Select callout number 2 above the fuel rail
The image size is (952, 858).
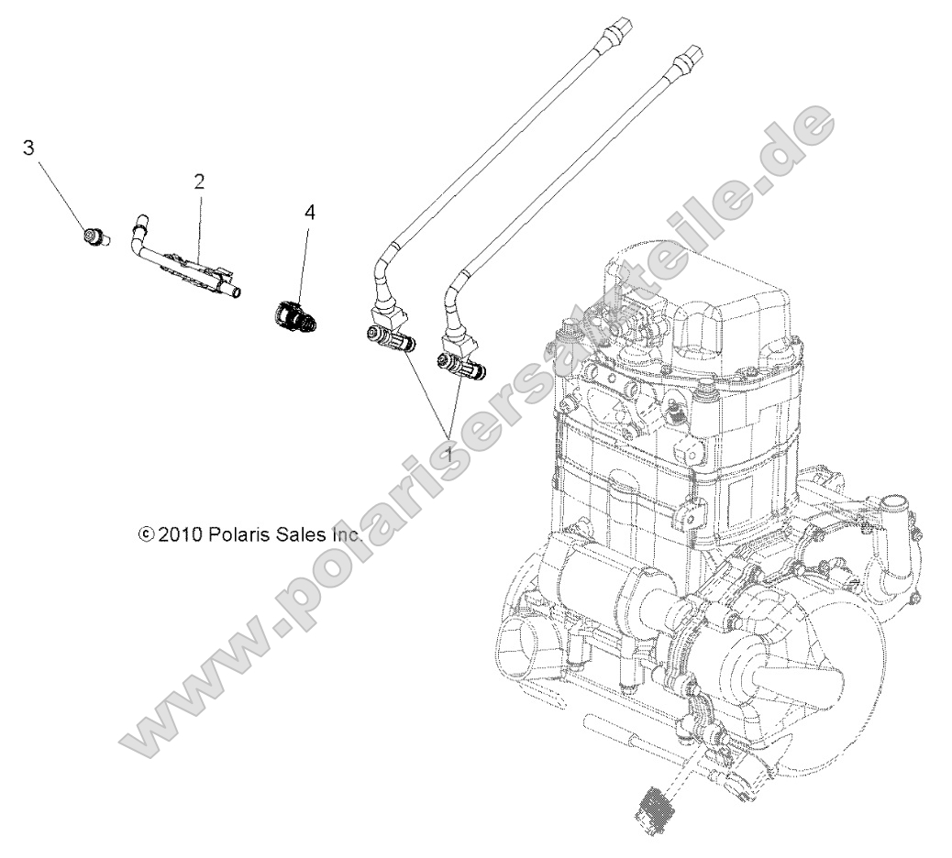click(x=198, y=181)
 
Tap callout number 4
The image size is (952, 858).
click(x=309, y=213)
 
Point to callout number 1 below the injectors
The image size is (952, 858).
click(x=449, y=453)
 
